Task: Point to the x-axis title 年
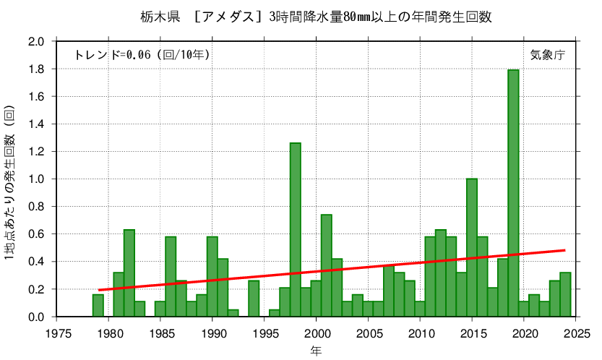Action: click(316, 351)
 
